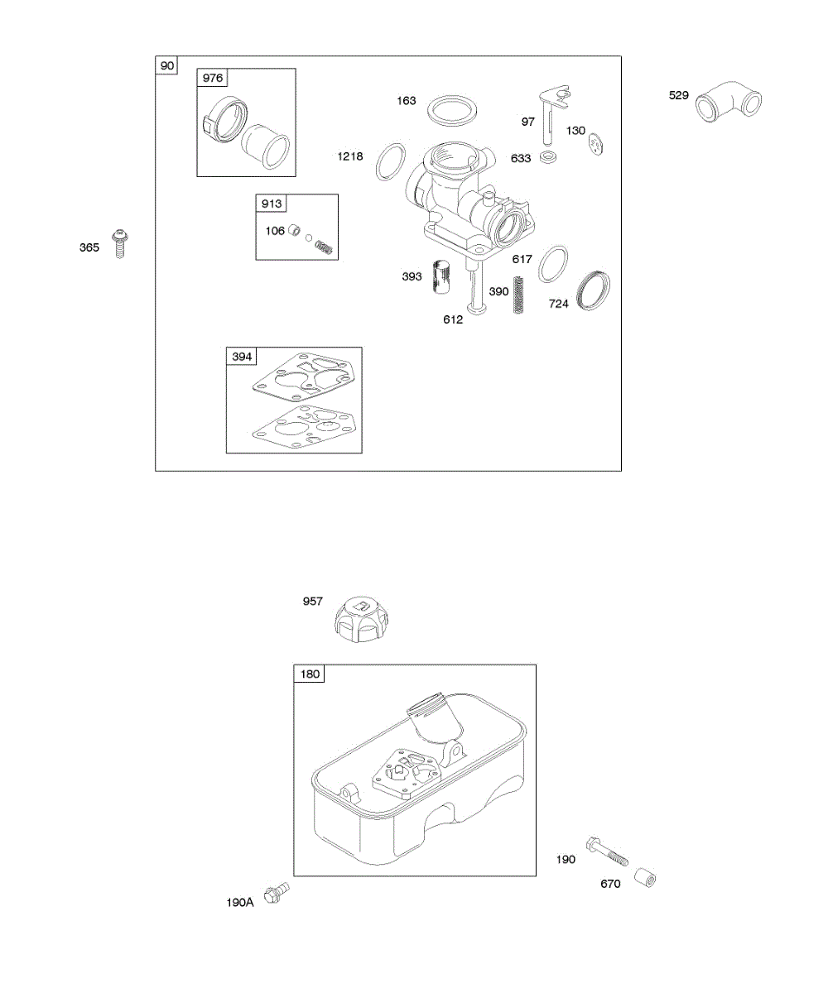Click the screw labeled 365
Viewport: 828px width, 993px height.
point(119,244)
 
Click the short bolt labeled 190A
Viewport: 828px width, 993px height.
point(276,894)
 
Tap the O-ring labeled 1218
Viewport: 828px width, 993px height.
point(392,161)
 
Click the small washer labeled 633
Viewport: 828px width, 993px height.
point(546,156)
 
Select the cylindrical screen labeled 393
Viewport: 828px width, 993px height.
point(440,277)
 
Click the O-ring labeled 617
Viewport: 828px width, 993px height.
point(553,263)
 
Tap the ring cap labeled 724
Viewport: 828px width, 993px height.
point(595,290)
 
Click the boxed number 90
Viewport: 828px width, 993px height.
point(167,65)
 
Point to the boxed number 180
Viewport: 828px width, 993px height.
point(310,674)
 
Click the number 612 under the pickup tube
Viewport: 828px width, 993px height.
point(453,319)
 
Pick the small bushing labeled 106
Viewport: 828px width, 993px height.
point(295,230)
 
